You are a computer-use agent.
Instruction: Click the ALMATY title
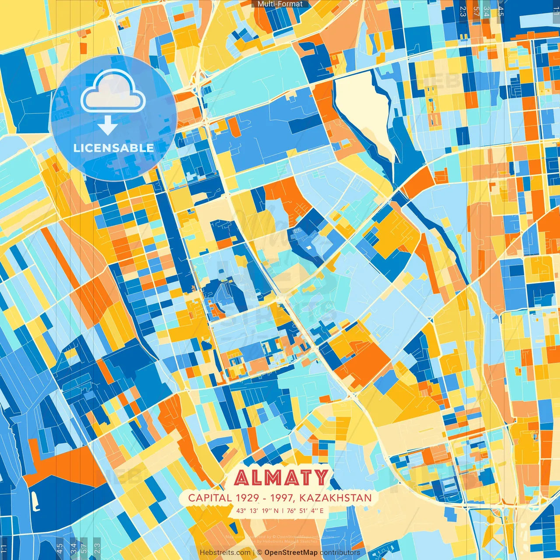click(x=280, y=478)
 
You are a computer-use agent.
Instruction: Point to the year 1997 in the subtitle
click(x=284, y=498)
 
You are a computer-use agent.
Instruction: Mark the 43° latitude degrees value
click(x=241, y=511)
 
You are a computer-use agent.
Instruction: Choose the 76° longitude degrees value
click(x=291, y=511)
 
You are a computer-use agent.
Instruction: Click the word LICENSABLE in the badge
click(x=114, y=148)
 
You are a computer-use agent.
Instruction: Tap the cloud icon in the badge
click(x=113, y=91)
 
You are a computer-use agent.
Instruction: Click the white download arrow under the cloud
click(x=107, y=126)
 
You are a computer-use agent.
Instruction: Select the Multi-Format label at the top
click(x=280, y=4)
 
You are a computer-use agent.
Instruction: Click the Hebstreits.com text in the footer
click(x=225, y=553)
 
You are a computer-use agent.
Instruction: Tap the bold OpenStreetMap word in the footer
click(x=291, y=553)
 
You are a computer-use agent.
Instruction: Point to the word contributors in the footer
click(x=340, y=553)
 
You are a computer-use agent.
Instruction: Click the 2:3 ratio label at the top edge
click(x=463, y=10)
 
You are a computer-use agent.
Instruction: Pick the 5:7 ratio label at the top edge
click(x=476, y=10)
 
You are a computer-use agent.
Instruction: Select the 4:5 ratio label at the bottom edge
click(x=60, y=548)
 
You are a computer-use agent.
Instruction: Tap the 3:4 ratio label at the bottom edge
click(x=73, y=548)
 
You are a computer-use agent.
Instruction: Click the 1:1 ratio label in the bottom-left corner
click(x=4, y=548)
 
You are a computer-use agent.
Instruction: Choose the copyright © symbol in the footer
click(x=259, y=553)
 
